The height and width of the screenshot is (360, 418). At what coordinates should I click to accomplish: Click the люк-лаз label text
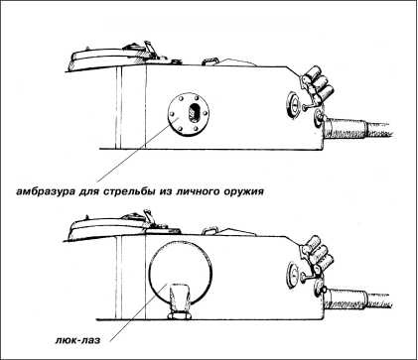pos(77,340)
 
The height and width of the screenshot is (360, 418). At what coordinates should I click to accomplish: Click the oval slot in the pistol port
pos(193,113)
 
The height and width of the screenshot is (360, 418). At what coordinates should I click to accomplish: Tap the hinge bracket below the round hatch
pos(180,301)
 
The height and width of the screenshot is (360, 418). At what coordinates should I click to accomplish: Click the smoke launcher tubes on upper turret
pos(318,85)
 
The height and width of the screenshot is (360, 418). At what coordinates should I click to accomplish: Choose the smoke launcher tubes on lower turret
pos(317,254)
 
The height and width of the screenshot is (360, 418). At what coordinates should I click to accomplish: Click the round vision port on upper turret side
pos(293,104)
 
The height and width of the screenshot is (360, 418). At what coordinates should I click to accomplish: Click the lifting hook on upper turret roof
pos(210,61)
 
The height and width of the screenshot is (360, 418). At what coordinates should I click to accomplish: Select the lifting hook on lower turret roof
pos(209,230)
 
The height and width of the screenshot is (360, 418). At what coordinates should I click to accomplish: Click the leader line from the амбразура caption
pos(138,149)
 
